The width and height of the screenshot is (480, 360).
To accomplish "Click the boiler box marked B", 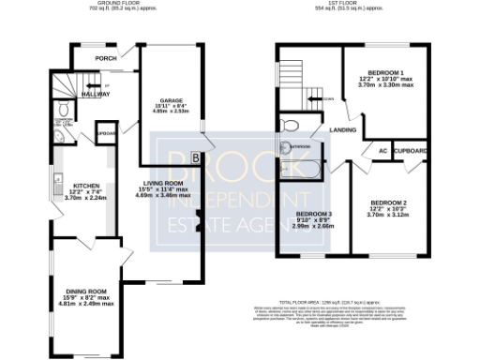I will [x=195, y=157].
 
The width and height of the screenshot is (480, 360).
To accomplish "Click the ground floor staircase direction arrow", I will [x=106, y=87].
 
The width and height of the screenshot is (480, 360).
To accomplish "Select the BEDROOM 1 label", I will [x=386, y=73].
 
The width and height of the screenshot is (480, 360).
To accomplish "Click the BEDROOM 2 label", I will [x=388, y=203].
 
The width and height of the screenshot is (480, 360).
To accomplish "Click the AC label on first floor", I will [x=382, y=151].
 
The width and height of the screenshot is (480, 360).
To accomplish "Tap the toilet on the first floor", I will [x=290, y=126].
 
